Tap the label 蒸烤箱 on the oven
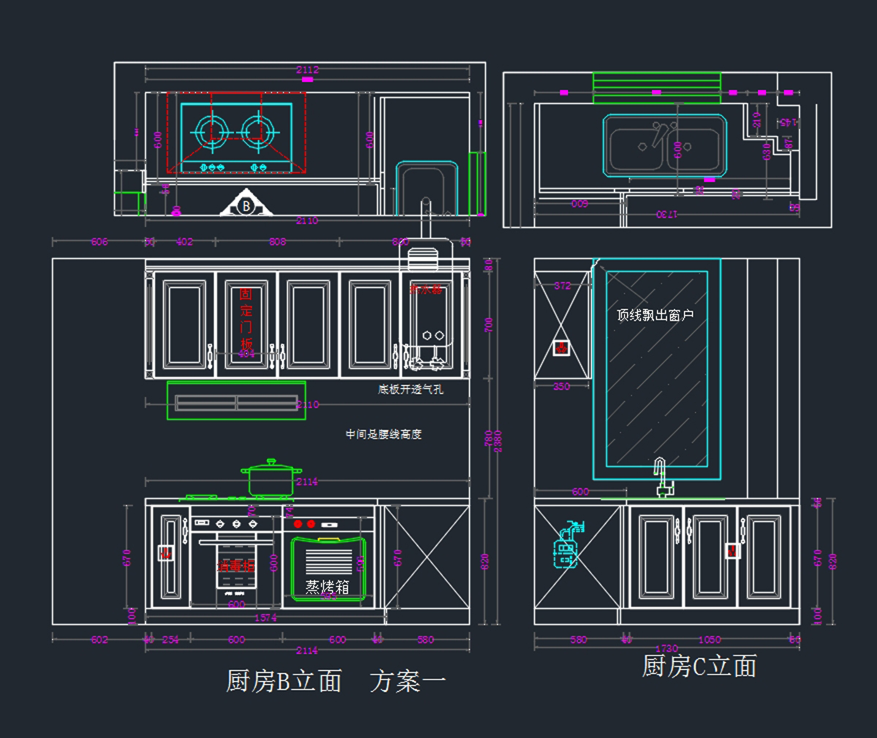coord(327,587)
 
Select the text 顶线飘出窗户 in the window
coord(655,315)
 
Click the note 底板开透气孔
coord(410,389)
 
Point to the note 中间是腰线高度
coord(384,434)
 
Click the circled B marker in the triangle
coord(246,206)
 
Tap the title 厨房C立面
coord(699,666)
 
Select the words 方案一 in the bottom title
coord(408,682)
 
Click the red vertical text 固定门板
coord(246,318)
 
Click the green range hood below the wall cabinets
coord(235,401)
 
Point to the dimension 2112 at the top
coord(308,70)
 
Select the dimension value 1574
coord(265,617)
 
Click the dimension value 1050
coord(709,639)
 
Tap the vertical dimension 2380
coord(498,441)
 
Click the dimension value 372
coord(562,286)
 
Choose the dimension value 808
coord(278,241)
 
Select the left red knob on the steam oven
coord(298,524)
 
